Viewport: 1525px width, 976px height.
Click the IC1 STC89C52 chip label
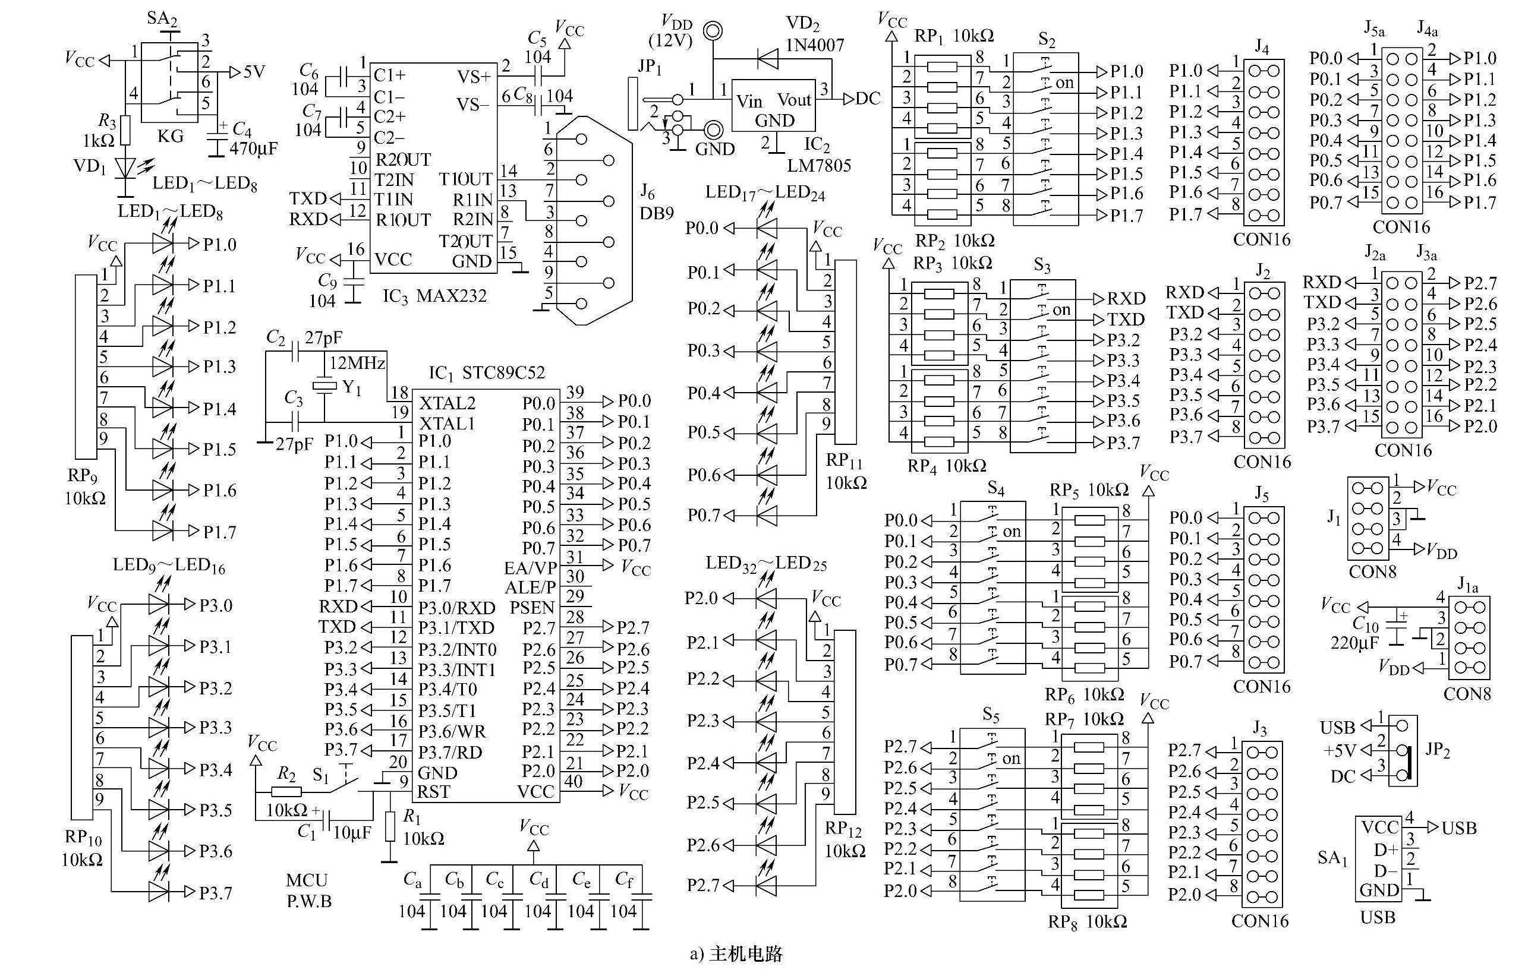tap(486, 372)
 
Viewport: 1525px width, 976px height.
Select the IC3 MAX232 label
tap(434, 296)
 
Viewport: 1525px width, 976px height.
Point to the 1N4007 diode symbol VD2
tap(768, 59)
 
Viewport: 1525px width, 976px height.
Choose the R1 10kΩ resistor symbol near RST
tap(390, 826)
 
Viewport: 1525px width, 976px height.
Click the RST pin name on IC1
tap(434, 792)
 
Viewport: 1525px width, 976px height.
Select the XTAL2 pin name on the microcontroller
tap(447, 403)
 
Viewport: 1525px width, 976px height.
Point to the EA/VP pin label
tap(531, 567)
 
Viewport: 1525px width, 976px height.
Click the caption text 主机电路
tap(746, 954)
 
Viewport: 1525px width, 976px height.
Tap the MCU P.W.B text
tap(308, 890)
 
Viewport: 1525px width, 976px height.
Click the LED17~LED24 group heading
tap(765, 192)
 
